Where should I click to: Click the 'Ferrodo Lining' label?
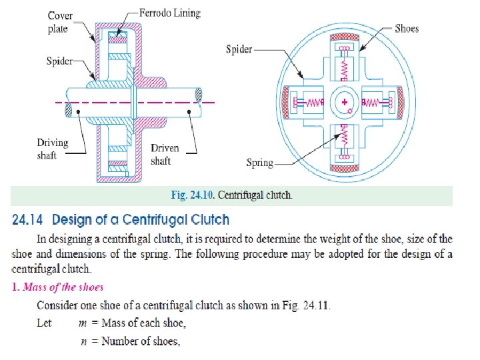pos(170,13)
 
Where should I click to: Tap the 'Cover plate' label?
pos(60,23)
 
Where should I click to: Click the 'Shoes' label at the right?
pos(407,28)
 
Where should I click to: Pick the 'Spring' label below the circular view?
pos(260,162)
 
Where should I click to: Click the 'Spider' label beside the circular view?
pos(239,49)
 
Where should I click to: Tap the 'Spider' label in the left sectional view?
pos(59,61)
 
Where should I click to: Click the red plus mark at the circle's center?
pos(345,102)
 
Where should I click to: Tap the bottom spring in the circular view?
pos(345,139)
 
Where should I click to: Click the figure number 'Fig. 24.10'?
pos(193,196)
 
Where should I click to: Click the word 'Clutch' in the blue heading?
pos(206,219)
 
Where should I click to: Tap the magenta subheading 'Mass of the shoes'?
pos(63,287)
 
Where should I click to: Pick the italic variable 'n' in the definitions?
pos(86,341)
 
